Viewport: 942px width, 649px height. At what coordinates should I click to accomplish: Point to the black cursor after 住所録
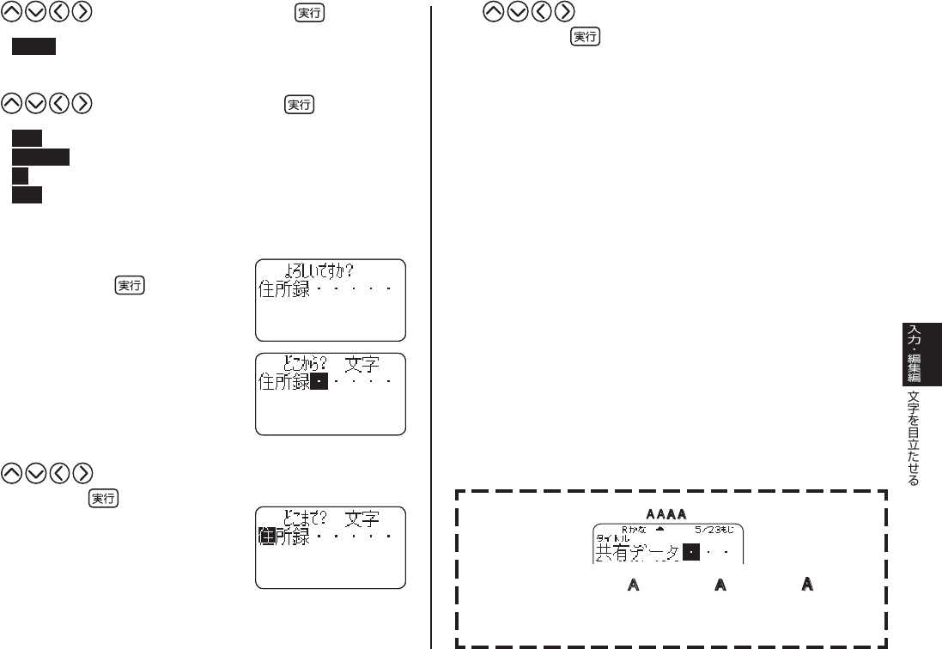click(x=319, y=383)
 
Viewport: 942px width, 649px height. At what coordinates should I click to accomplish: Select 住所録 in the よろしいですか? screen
click(x=284, y=289)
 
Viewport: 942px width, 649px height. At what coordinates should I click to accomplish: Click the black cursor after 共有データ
click(x=690, y=553)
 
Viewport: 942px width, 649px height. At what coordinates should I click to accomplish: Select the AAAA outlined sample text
click(x=666, y=513)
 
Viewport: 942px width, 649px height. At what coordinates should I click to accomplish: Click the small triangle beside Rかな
click(x=659, y=530)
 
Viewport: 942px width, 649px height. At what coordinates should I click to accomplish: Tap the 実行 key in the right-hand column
click(x=586, y=37)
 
